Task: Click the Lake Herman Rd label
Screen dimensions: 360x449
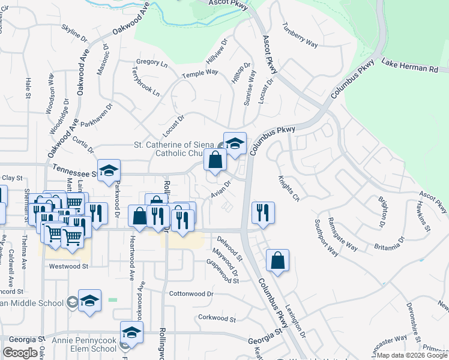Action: [415, 66]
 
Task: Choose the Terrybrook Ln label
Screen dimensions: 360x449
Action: [146, 83]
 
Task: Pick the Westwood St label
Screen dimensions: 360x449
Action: [68, 266]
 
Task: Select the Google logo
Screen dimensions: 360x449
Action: [20, 353]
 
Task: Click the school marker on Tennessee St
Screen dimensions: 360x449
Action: [109, 170]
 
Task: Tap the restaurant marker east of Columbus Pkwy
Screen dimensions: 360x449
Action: [263, 212]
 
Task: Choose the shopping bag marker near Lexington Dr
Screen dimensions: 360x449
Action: [277, 260]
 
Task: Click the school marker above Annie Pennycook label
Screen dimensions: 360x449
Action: [132, 332]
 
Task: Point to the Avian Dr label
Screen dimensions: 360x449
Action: [220, 191]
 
